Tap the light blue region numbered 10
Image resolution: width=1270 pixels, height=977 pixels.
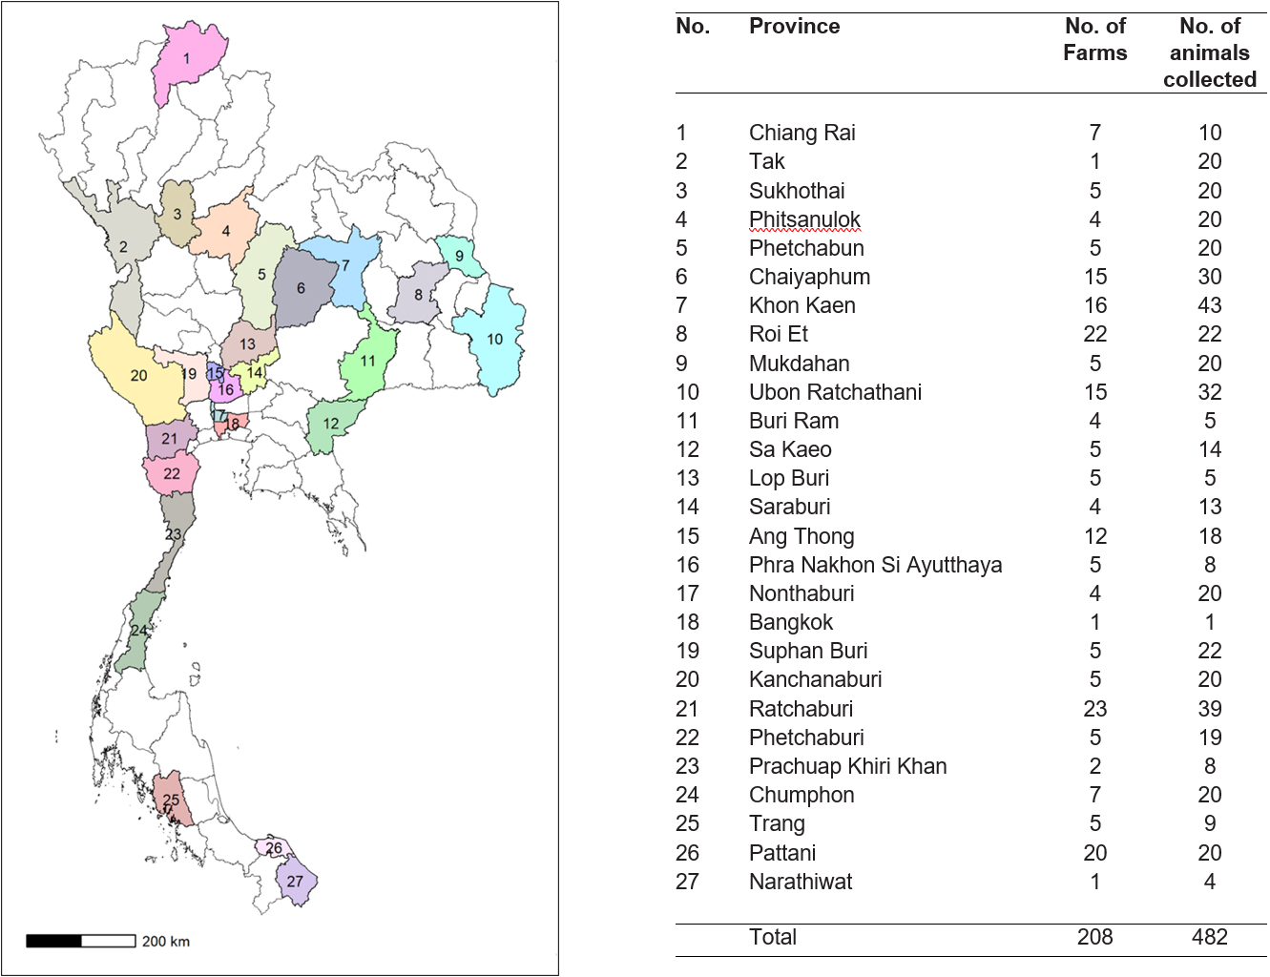coord(494,339)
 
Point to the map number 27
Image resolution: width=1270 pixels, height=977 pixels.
coord(295,882)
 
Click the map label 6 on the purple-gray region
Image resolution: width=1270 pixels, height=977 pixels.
coord(301,287)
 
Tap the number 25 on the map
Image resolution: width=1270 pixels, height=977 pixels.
coord(171,800)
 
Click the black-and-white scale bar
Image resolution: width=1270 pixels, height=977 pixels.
coord(81,941)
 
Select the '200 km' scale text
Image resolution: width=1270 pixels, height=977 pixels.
coord(166,942)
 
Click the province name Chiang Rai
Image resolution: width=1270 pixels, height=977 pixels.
coord(802,133)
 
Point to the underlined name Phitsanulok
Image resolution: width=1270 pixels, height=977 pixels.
coord(804,219)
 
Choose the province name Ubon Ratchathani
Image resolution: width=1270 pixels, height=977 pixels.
coord(835,392)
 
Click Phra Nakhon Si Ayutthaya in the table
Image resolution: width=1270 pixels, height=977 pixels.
coord(876,565)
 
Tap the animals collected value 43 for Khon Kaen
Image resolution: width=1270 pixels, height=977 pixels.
coord(1210,305)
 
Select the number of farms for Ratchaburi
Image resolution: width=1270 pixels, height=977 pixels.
coord(1094,709)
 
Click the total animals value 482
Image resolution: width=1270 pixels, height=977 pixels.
coord(1210,937)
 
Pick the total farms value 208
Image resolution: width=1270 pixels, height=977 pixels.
coord(1094,937)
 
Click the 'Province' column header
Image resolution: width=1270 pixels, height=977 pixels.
coord(794,27)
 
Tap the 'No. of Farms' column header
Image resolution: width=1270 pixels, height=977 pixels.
coord(1094,39)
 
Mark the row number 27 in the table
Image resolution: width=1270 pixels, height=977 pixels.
coord(687,882)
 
